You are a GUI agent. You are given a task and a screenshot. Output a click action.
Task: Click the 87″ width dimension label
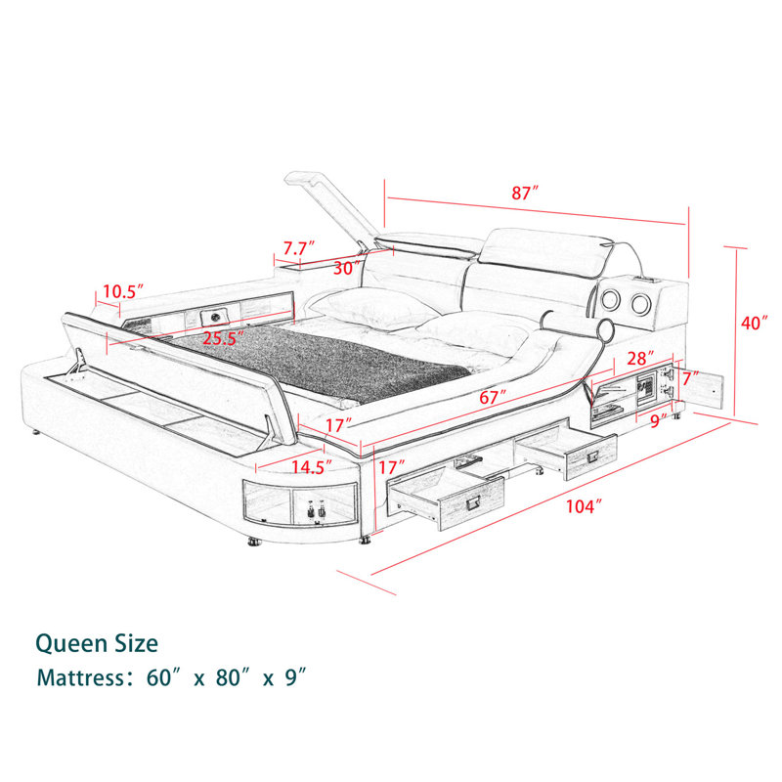(x=526, y=193)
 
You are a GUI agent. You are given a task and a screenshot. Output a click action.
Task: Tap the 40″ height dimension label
(x=754, y=323)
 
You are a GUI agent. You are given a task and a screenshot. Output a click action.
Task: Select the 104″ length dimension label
(x=584, y=506)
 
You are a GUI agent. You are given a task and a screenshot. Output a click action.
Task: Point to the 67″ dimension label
(x=493, y=397)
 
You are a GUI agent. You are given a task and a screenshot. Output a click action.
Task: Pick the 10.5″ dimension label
(x=124, y=291)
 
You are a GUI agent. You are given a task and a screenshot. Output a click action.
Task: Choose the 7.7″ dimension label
(x=299, y=248)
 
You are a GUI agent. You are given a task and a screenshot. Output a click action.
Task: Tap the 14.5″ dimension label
(x=312, y=467)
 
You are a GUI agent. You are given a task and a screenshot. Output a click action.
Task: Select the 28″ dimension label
(x=640, y=358)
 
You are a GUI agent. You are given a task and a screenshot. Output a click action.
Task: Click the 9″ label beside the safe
(x=658, y=421)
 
